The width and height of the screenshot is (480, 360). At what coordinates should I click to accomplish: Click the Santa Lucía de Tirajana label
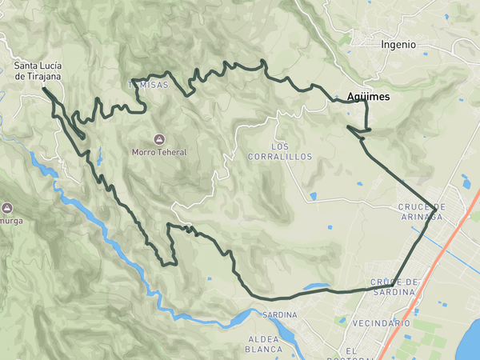38,70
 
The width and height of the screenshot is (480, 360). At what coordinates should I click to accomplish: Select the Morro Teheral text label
159,152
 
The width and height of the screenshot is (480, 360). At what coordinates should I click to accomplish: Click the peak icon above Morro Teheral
159,139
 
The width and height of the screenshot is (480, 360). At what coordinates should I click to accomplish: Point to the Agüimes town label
369,97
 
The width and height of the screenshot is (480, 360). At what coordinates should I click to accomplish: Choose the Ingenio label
398,45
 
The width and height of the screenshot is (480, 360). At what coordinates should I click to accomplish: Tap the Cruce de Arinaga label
421,211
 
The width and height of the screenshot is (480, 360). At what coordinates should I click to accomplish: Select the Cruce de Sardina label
395,287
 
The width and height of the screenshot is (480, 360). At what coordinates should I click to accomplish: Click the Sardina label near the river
279,315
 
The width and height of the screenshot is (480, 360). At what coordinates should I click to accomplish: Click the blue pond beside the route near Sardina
316,286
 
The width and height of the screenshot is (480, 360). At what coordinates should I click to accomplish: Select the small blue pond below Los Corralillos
311,196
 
